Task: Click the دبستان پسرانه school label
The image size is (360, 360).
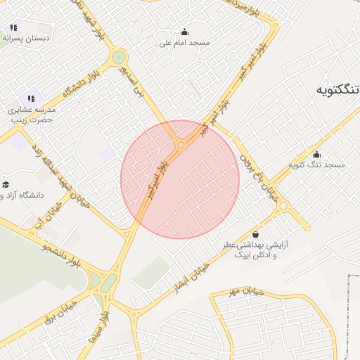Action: (x=27, y=38)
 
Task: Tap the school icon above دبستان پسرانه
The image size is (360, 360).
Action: (x=13, y=28)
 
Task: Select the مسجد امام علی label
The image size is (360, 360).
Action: (x=184, y=43)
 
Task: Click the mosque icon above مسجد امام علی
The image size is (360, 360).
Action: (x=184, y=32)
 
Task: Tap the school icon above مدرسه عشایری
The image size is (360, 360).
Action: (x=30, y=98)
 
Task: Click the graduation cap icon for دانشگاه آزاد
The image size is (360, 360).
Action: (x=6, y=184)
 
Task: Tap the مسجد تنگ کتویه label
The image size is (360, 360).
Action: (x=316, y=165)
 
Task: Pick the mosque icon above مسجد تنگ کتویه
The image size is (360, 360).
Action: (x=316, y=154)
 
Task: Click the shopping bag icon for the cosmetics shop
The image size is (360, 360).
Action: (x=255, y=234)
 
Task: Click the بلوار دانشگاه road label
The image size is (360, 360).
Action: (x=78, y=84)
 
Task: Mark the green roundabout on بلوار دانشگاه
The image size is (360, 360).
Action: (x=118, y=57)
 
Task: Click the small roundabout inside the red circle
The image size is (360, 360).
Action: (x=181, y=146)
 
